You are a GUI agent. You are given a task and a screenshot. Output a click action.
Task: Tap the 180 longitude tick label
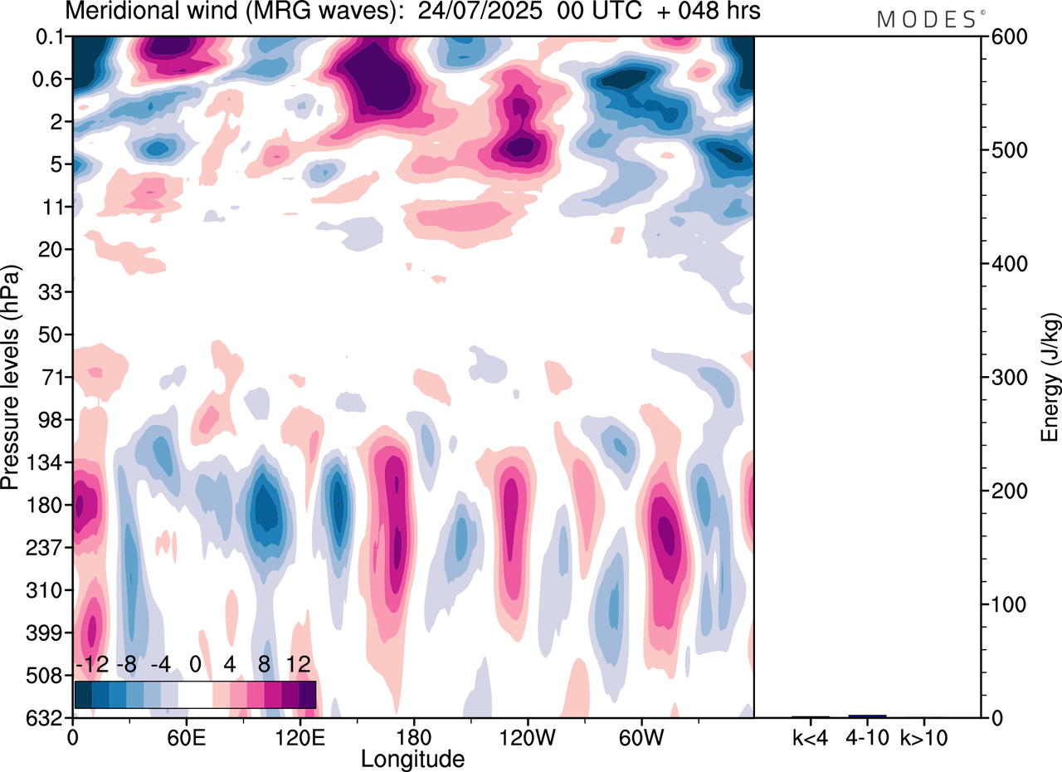(x=413, y=737)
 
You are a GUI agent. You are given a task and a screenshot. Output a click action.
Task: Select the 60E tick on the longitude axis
(x=186, y=737)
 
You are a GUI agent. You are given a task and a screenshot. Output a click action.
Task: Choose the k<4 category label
(x=811, y=737)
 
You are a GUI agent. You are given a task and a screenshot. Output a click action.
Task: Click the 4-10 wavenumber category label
(x=867, y=737)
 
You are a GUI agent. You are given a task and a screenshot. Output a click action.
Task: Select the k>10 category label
(x=924, y=737)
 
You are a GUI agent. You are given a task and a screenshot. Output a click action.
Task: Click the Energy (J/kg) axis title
(x=1051, y=378)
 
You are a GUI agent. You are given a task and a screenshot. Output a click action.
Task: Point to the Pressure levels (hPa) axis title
(x=11, y=378)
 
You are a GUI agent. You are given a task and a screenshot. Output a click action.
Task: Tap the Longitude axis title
(x=412, y=758)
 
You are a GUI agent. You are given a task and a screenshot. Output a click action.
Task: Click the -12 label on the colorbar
(x=93, y=665)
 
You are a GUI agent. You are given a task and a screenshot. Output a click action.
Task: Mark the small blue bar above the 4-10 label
(x=867, y=716)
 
